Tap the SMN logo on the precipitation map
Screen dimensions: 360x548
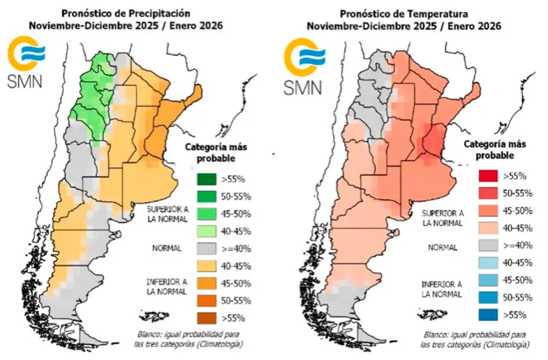click(x=24, y=64)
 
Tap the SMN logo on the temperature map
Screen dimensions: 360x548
click(x=304, y=64)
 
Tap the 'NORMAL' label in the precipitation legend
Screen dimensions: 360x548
click(x=167, y=248)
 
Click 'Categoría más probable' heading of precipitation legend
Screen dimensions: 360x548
click(x=214, y=153)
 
